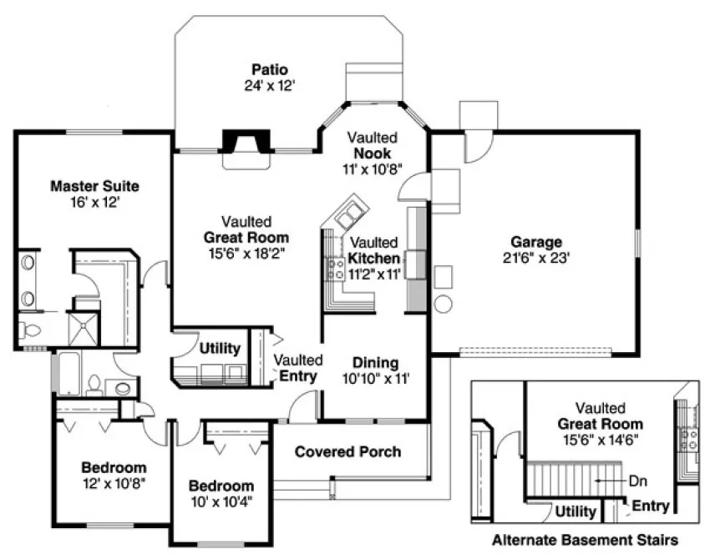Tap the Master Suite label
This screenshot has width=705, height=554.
tap(94, 185)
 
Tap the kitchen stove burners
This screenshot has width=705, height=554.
tap(336, 268)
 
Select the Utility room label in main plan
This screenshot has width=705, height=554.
tap(220, 348)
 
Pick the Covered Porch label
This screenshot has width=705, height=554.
tap(347, 451)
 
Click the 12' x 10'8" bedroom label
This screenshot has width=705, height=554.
tap(114, 483)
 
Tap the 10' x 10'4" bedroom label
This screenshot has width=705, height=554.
tap(221, 501)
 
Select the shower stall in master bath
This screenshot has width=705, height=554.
tap(84, 329)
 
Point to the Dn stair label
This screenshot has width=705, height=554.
tap(637, 481)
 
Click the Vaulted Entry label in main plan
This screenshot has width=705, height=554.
tap(298, 368)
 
